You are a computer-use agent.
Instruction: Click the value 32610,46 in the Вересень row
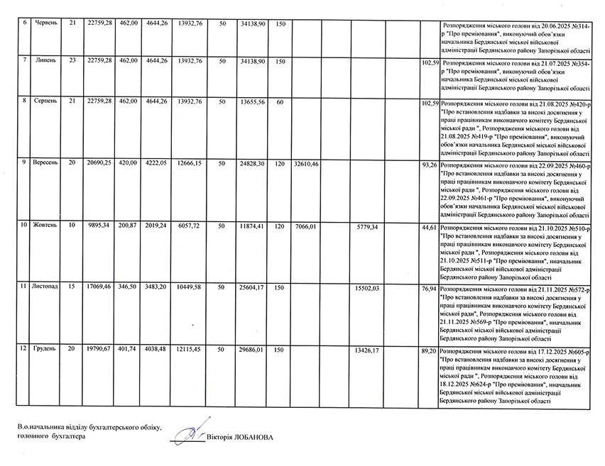[306, 164]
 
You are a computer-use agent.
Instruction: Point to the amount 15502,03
[367, 288]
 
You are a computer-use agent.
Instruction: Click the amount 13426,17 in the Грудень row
[367, 350]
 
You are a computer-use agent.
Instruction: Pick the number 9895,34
[99, 225]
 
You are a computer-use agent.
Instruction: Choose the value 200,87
[129, 225]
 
